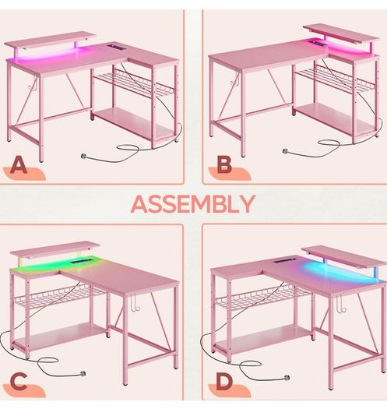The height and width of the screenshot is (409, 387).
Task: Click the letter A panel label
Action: tap(18, 165)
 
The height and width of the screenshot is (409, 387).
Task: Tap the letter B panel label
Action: tap(224, 164)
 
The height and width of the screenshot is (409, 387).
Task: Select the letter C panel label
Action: tap(18, 382)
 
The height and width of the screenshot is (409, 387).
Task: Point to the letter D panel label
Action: tap(224, 382)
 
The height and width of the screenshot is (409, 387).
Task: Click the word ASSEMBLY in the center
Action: tap(193, 203)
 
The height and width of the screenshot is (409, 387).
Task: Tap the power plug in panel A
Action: tap(84, 156)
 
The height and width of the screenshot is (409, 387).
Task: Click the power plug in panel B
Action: tap(286, 151)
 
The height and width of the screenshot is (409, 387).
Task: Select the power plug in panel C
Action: tap(83, 373)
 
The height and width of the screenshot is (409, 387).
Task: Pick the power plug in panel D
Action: tap(287, 377)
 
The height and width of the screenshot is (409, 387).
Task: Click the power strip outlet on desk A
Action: tap(114, 45)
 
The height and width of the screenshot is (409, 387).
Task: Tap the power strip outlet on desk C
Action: tap(79, 261)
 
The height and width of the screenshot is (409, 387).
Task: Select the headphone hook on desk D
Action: tap(341, 304)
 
